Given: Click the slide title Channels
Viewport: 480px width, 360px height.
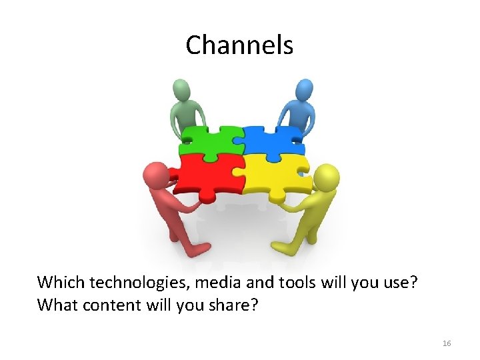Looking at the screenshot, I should tap(239, 45).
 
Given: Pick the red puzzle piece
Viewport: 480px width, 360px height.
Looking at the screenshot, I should tap(207, 175).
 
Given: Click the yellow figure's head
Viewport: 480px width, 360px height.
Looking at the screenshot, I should tap(326, 177).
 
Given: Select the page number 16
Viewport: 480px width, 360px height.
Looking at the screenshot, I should tap(447, 343).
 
